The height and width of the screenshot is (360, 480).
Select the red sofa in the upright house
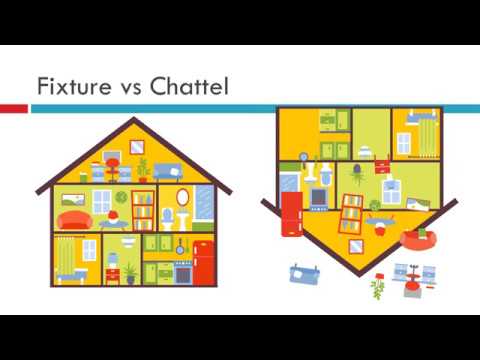tap(73, 219)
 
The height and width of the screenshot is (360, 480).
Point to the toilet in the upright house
tap(168, 217)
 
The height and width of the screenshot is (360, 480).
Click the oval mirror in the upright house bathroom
tap(168, 195)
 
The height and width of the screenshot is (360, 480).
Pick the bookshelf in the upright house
tap(143, 208)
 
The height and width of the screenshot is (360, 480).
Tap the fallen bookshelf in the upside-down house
tap(351, 211)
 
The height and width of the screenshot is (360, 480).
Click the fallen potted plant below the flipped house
tap(378, 288)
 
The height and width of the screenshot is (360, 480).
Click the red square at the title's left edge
tap(13, 107)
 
